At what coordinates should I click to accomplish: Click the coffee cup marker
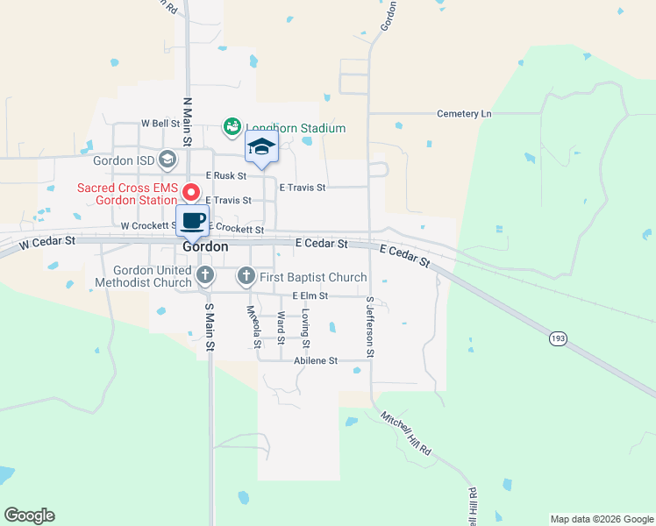[193, 220]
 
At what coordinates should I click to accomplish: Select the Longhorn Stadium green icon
[232, 128]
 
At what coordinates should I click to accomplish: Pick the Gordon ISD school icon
[168, 160]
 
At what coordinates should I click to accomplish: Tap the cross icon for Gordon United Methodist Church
[205, 276]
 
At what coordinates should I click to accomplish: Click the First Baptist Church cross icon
[246, 277]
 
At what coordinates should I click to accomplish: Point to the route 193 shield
[559, 338]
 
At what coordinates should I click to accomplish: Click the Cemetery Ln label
[465, 114]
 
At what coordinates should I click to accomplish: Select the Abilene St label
[315, 360]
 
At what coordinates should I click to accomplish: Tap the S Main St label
[210, 328]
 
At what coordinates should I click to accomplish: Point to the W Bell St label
[160, 124]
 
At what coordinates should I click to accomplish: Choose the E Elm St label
[310, 296]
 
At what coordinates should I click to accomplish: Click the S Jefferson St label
[371, 328]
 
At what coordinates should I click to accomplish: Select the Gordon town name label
[206, 247]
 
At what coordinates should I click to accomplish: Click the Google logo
[29, 515]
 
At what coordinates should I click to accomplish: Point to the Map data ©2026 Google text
[601, 519]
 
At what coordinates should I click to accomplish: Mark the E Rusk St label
[225, 176]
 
